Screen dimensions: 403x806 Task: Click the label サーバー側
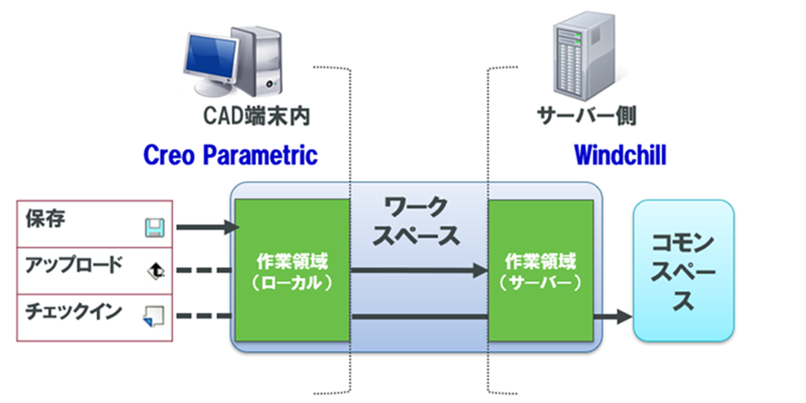[587, 117]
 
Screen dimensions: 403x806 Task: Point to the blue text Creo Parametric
[230, 155]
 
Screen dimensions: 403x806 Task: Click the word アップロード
[69, 267]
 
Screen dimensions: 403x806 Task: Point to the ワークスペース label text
[419, 221]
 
